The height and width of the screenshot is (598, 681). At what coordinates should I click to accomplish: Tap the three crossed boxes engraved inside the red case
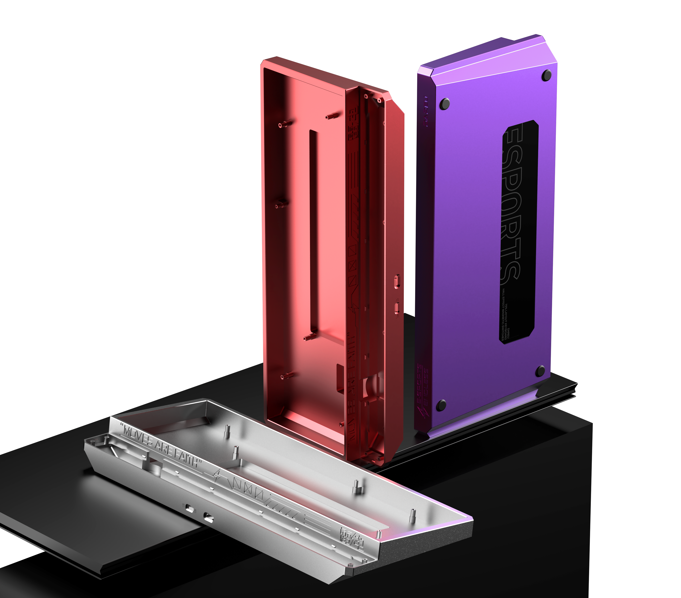352,266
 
